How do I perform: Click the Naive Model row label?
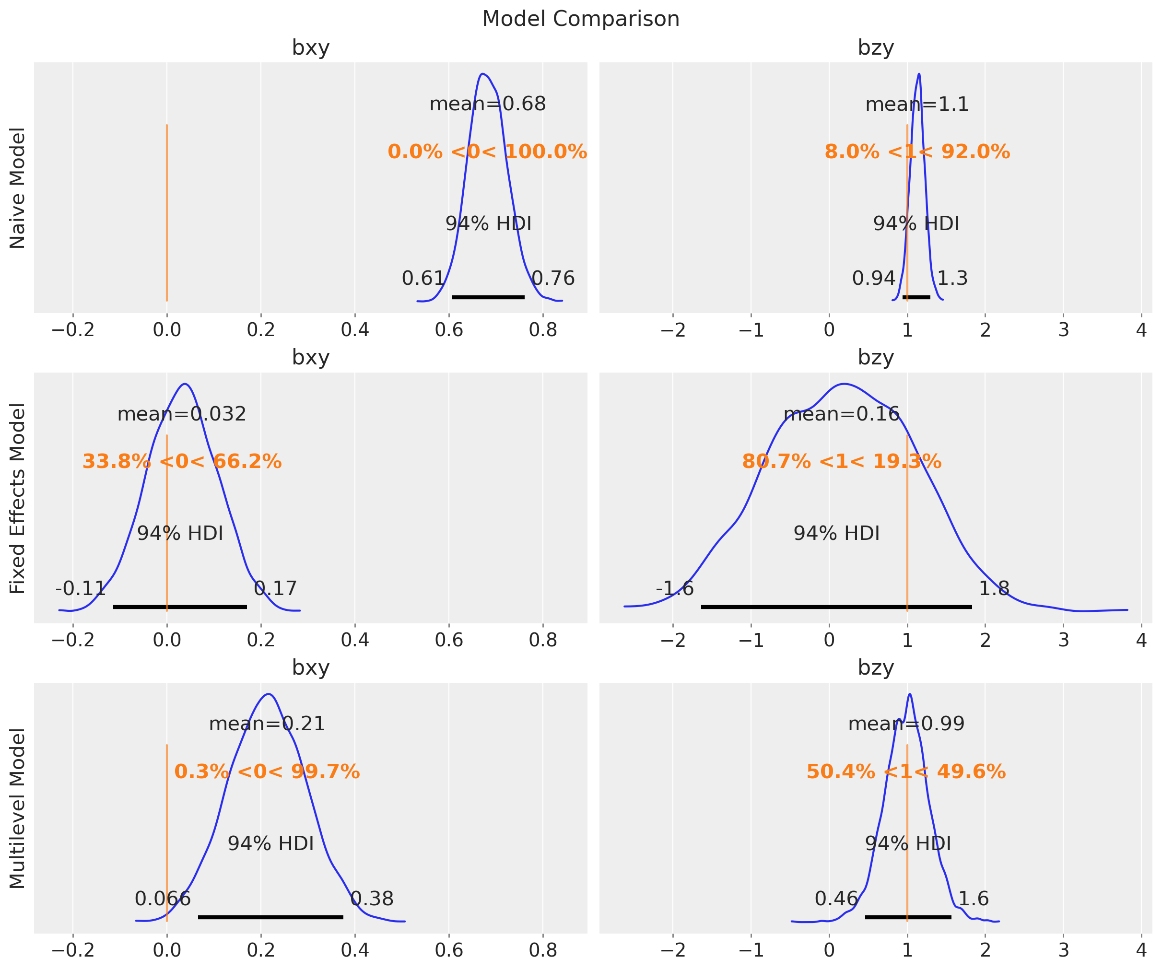(x=18, y=188)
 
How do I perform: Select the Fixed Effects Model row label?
(x=18, y=499)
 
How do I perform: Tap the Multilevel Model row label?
(x=18, y=808)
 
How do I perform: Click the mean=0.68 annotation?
(x=488, y=104)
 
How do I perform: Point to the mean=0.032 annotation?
(x=181, y=414)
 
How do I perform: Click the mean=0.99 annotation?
(x=906, y=724)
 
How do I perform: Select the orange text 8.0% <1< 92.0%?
(x=917, y=152)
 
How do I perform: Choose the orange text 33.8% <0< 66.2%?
(x=181, y=461)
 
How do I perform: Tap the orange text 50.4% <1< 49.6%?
(x=906, y=771)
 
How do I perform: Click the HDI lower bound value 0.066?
(x=163, y=899)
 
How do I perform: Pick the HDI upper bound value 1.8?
(x=994, y=588)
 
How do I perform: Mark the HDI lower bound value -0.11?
(x=81, y=588)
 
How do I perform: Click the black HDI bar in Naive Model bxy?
(x=488, y=297)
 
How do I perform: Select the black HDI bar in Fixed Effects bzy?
(x=836, y=607)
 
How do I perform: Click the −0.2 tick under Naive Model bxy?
(x=72, y=330)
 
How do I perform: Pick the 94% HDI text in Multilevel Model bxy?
(x=270, y=843)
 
